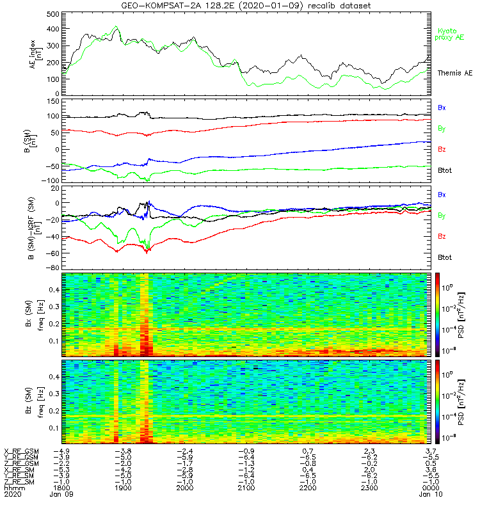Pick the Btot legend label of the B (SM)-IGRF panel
[x=446, y=257]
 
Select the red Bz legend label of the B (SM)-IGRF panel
[x=442, y=237]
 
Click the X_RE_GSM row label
[x=21, y=451]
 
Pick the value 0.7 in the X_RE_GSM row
[x=307, y=451]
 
